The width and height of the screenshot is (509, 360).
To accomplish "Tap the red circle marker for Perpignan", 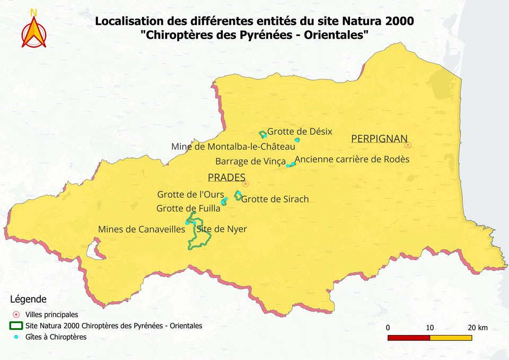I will (x=408, y=145).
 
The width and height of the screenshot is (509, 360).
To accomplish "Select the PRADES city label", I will (x=226, y=177).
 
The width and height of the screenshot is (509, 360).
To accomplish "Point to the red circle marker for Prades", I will (x=245, y=184).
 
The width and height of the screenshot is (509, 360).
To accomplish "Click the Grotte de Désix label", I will (x=300, y=131).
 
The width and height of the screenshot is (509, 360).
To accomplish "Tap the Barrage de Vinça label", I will (x=251, y=161).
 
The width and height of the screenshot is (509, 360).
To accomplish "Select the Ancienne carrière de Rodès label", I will (x=352, y=159).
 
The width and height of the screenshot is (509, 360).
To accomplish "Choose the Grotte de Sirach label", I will (x=275, y=199).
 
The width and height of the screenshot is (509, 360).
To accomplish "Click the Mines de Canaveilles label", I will (x=142, y=230).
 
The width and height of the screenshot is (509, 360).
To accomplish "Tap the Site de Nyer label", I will (x=222, y=230).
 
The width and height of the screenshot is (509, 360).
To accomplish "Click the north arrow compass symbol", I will (x=34, y=30).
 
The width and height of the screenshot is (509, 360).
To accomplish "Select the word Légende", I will (x=28, y=300).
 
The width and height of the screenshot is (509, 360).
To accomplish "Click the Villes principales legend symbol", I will (x=16, y=314).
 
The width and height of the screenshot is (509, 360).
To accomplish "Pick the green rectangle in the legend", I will (x=16, y=326).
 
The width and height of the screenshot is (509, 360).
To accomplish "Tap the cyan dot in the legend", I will (x=16, y=337).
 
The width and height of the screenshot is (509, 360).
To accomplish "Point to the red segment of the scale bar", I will (x=408, y=338).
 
